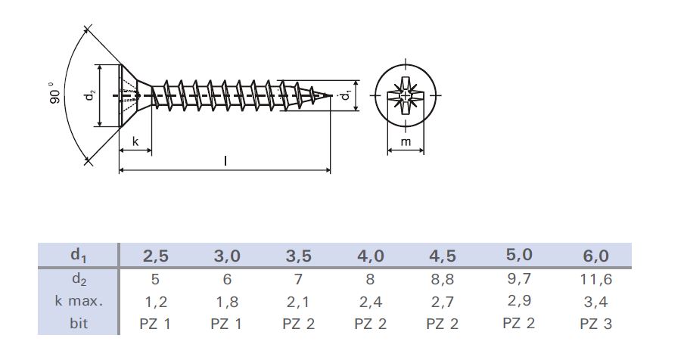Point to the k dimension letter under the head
click(135, 141)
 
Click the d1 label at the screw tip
click(346, 96)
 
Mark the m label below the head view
click(406, 142)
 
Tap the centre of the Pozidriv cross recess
click(406, 96)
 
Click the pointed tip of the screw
click(330, 95)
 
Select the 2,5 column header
click(156, 256)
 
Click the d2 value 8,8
click(444, 279)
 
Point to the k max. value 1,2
click(156, 302)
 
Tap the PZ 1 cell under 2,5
click(156, 324)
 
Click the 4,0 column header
click(371, 256)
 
